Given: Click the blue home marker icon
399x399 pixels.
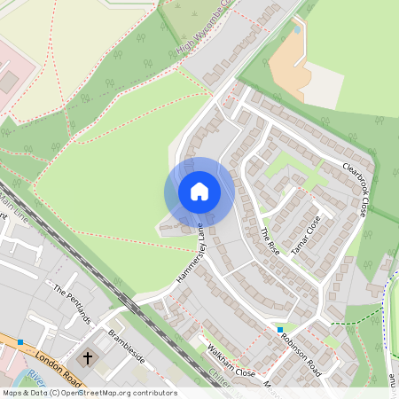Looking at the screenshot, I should coord(199,192).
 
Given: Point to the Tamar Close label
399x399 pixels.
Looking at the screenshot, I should coord(307,231).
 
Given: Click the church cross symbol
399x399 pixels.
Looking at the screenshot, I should coord(88,359).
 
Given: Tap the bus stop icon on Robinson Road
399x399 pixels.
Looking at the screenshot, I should coord(280,330).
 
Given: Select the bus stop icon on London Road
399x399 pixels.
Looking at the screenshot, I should coord(20,341).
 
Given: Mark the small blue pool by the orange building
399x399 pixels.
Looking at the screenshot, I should coord(295,29).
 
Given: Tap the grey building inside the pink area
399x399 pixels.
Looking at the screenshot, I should coord(7,82).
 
